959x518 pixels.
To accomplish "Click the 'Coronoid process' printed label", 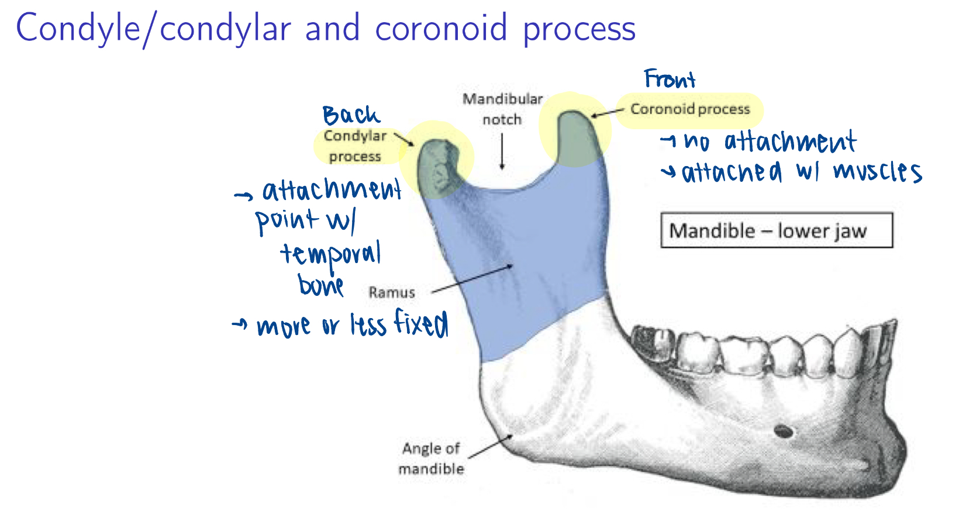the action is [690, 109].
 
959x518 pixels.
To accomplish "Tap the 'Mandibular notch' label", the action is [502, 109].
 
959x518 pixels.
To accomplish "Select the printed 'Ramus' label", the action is [392, 293].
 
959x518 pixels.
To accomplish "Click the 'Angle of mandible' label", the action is [431, 459].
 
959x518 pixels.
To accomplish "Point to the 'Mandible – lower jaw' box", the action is [777, 230].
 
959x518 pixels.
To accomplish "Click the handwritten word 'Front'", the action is [670, 79].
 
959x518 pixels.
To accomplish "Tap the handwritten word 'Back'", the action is [351, 115].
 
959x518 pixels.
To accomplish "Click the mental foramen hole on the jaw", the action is [784, 431].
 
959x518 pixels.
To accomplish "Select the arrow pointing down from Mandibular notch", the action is [502, 151].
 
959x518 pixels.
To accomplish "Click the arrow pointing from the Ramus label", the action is [472, 279].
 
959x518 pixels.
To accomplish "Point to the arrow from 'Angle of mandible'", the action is [491, 447].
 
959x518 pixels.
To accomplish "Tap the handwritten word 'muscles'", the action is [877, 172].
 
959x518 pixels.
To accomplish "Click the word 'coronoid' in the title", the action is [441, 28].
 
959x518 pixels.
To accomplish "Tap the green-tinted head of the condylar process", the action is [439, 167].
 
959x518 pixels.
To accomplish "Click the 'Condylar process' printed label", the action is [355, 146].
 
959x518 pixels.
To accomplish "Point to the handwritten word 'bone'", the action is [320, 285].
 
